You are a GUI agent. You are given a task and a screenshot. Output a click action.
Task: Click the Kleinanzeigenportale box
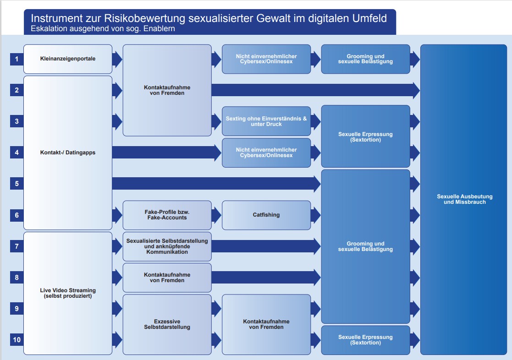68,59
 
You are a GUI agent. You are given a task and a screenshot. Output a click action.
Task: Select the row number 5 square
17,184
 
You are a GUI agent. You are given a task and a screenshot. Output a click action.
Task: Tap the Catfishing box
266,215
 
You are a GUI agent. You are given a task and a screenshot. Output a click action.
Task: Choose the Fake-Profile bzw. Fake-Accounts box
167,215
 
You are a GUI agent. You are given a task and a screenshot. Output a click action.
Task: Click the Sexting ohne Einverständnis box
266,121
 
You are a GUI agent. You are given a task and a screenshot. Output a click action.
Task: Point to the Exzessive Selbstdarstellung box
167,324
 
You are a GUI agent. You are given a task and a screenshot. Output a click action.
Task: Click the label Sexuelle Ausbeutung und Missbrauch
464,199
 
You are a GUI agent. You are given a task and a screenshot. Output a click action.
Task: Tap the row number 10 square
17,340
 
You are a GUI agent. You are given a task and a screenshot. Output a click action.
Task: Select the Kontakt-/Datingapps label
68,153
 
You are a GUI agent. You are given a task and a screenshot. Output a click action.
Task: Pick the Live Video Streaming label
68,293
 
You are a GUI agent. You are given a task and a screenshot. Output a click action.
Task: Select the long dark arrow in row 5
215,184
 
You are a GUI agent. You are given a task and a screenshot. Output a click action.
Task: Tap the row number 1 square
17,59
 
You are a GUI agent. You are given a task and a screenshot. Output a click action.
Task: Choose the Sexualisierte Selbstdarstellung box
167,246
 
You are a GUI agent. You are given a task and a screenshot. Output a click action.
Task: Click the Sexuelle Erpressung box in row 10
365,340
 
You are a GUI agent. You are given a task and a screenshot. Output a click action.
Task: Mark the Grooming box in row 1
365,59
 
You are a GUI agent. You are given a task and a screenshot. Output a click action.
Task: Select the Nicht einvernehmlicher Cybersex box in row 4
266,153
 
